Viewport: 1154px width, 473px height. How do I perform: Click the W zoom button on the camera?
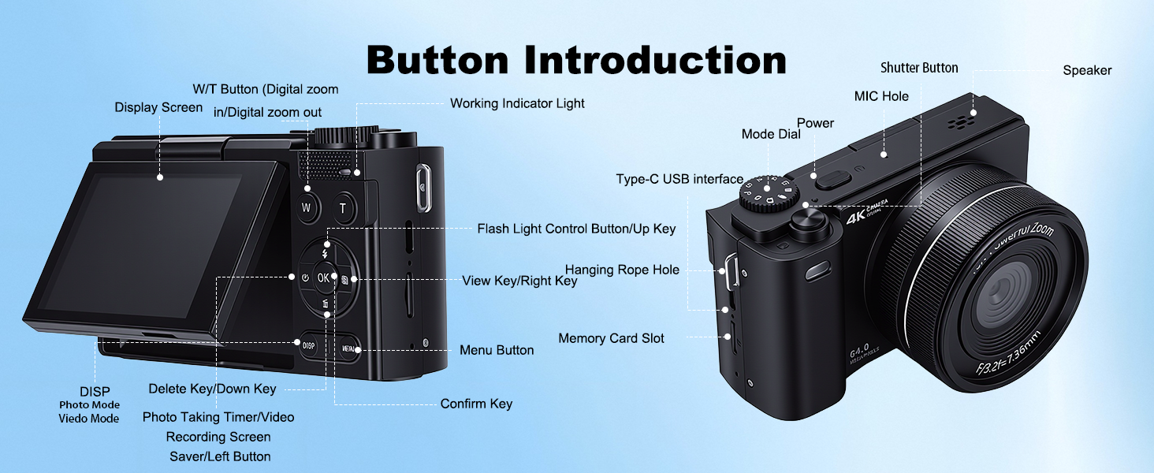[307, 208]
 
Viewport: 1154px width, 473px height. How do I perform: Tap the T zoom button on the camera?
[343, 209]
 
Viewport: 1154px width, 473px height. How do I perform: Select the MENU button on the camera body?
[348, 348]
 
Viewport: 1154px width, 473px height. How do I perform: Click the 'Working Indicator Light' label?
[517, 103]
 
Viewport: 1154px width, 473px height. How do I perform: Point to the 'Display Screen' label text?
[158, 107]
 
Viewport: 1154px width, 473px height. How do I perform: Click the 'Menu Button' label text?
[497, 350]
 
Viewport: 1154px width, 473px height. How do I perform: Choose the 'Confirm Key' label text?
[476, 404]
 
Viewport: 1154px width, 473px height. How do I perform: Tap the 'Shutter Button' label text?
[919, 68]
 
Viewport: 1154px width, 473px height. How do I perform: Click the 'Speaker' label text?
[1087, 70]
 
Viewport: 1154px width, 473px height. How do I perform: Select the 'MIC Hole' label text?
[881, 96]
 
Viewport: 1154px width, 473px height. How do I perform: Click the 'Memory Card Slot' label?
[611, 338]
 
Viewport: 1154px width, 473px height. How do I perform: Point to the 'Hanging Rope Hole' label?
[622, 270]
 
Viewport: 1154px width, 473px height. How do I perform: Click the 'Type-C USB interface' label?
[679, 180]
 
